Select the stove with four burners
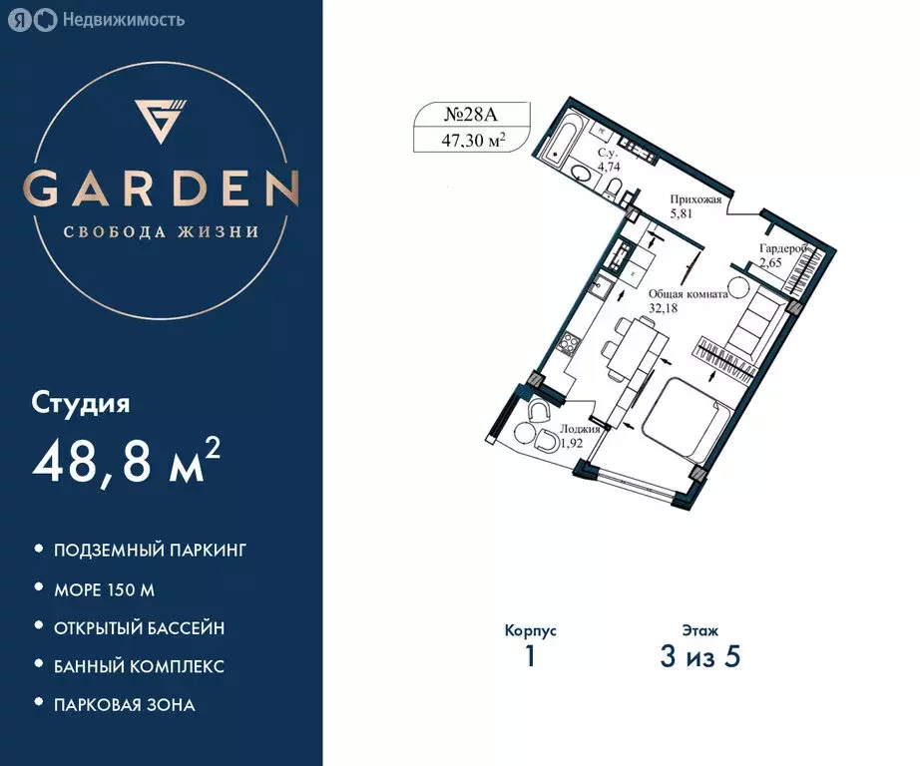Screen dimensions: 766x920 click(572, 344)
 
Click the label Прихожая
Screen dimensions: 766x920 click(694, 199)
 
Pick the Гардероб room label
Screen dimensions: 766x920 click(782, 249)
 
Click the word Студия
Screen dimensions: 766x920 click(81, 404)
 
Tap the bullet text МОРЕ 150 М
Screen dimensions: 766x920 click(104, 589)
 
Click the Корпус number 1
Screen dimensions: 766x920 click(530, 657)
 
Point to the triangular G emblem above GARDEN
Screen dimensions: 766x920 click(162, 122)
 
